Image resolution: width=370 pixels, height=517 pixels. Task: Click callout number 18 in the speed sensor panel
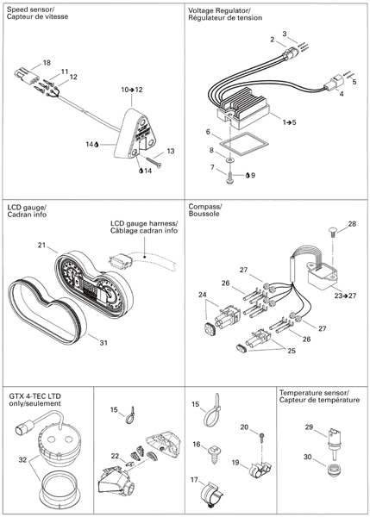[x=47, y=62]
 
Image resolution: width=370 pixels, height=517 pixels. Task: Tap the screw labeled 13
[x=153, y=162]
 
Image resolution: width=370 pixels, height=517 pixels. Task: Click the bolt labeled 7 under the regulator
[x=229, y=178]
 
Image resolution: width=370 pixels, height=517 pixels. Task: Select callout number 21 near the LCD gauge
[x=41, y=245]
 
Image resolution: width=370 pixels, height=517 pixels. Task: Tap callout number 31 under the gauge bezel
[x=103, y=343]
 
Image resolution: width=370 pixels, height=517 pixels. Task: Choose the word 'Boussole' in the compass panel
[x=201, y=214]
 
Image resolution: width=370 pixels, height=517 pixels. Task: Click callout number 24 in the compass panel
[x=202, y=294]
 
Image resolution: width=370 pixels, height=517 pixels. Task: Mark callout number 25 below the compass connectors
[x=292, y=351]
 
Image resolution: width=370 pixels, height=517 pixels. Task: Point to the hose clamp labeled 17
[x=211, y=493]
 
